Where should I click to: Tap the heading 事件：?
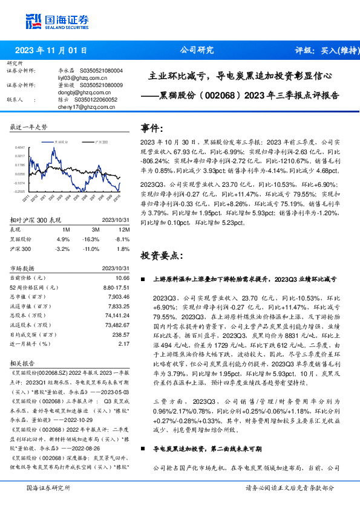click(152, 129)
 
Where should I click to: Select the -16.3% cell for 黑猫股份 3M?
click(93, 239)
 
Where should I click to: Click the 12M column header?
click(123, 230)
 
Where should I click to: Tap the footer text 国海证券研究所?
click(49, 488)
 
